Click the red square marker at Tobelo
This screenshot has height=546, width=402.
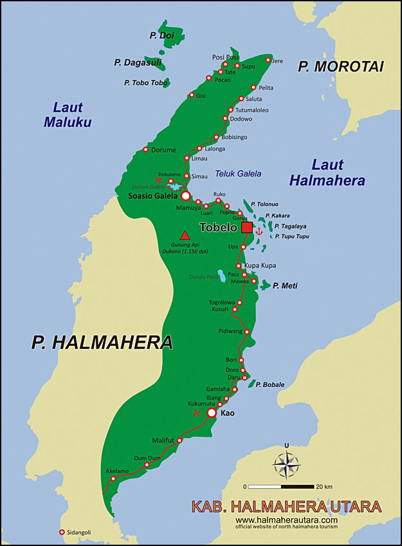[247, 228]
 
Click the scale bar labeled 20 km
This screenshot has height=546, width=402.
[280, 486]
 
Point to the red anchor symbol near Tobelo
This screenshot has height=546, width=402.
[260, 230]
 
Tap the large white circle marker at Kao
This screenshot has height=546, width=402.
[212, 412]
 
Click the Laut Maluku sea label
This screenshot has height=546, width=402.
[68, 115]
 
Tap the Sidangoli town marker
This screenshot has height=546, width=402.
[62, 532]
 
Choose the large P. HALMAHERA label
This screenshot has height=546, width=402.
[102, 342]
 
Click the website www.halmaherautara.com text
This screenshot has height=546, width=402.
[286, 520]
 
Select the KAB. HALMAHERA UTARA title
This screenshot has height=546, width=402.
[286, 506]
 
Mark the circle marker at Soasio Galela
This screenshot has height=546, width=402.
[185, 195]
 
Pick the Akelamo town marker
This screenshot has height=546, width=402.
[113, 478]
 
